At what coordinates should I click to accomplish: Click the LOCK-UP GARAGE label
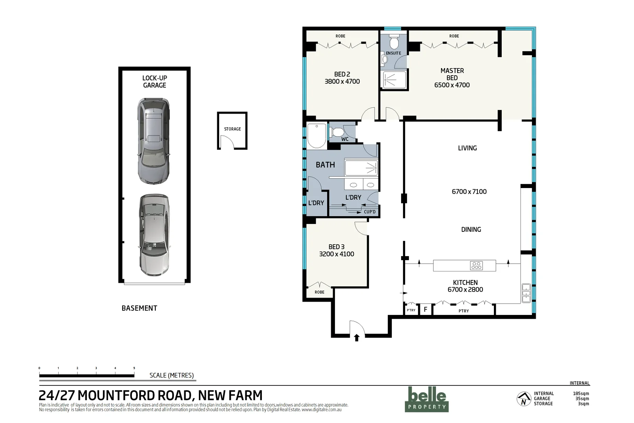point(154,81)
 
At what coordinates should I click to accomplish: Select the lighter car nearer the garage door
point(155,235)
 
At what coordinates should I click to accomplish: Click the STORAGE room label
point(232,129)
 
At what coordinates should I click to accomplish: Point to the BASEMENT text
point(139,308)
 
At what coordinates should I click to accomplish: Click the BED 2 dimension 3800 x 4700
point(342,81)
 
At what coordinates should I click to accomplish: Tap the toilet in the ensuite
point(394,42)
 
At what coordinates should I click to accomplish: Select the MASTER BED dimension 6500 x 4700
point(452,85)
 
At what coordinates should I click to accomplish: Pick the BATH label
point(325,165)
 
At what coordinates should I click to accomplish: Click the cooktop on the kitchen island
point(476,266)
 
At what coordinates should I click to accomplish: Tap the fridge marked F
point(425,309)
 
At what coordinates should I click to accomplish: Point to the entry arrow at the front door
point(357,338)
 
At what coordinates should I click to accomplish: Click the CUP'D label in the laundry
point(369,212)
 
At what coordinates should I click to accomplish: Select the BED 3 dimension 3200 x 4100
point(337,254)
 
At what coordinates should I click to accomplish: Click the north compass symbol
point(524,399)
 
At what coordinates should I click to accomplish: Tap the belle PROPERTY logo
point(427,399)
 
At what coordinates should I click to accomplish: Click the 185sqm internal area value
point(581,394)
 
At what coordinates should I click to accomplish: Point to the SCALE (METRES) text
point(171,375)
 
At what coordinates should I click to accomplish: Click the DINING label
point(471,230)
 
